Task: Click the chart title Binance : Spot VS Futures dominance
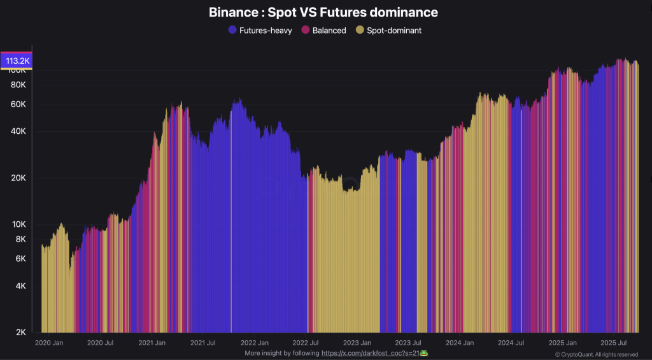tap(323, 12)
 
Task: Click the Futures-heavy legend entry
tap(260, 30)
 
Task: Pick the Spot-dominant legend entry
tap(388, 30)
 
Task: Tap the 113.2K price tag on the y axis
tap(18, 61)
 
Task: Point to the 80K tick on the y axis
tap(18, 85)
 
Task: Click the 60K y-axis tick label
tap(18, 104)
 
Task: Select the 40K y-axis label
tap(18, 132)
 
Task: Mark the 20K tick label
tap(18, 178)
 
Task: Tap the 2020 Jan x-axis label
tap(49, 343)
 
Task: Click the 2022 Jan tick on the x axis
tap(253, 343)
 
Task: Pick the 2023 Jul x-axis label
tap(407, 343)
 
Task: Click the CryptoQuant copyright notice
tap(597, 354)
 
